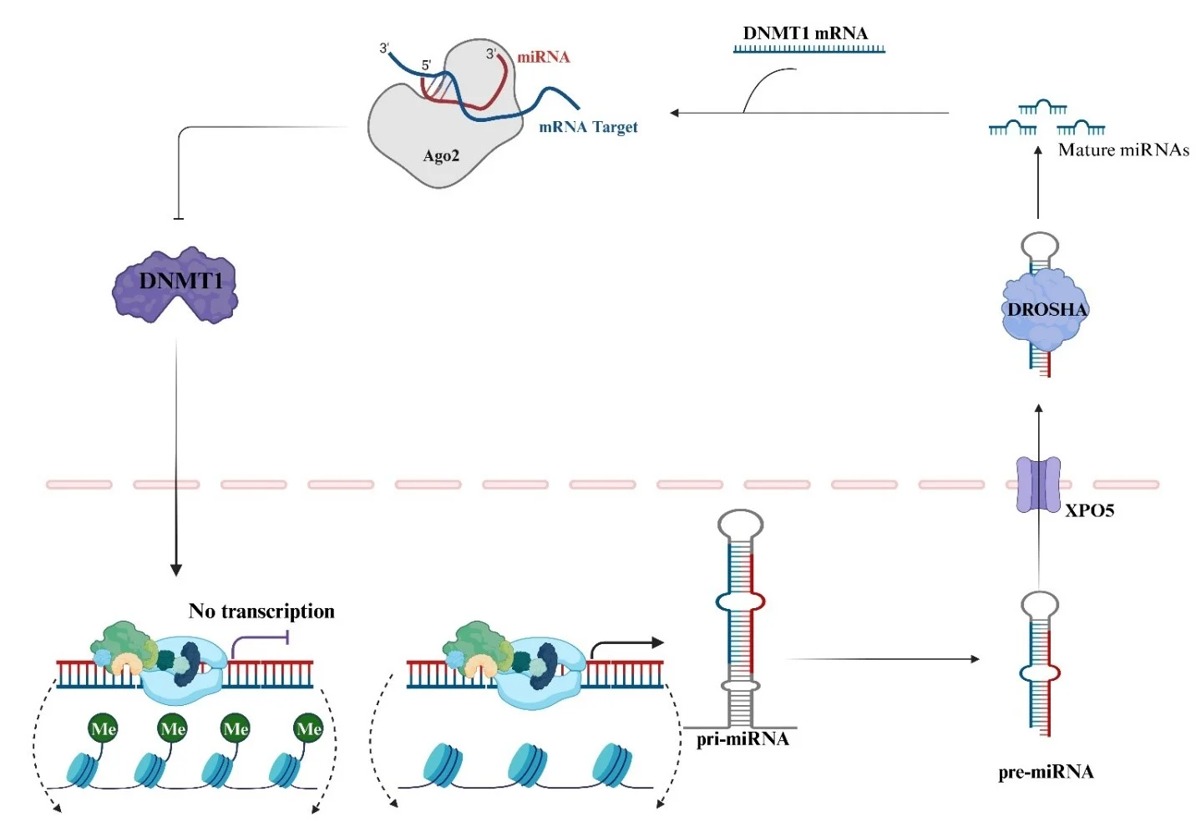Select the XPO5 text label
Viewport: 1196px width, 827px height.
point(1089,510)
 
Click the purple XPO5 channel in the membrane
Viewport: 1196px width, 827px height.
point(1038,485)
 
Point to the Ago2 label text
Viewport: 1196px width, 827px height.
point(441,156)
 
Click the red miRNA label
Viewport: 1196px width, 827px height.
point(543,58)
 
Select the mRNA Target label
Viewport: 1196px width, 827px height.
point(588,127)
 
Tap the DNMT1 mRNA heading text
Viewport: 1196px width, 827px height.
point(805,33)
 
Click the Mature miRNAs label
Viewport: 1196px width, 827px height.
point(1123,150)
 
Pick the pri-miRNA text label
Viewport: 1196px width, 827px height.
point(742,739)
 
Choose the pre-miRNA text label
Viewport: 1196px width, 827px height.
point(1046,772)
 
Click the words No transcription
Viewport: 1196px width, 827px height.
point(261,611)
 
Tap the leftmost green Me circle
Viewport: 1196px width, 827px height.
point(103,728)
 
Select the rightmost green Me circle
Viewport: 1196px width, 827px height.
point(309,728)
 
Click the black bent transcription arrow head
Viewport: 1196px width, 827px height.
point(658,642)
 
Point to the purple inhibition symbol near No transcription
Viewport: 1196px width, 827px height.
point(286,638)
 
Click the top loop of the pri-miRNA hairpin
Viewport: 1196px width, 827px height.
point(740,525)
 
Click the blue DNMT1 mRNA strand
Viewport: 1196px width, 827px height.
point(808,49)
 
